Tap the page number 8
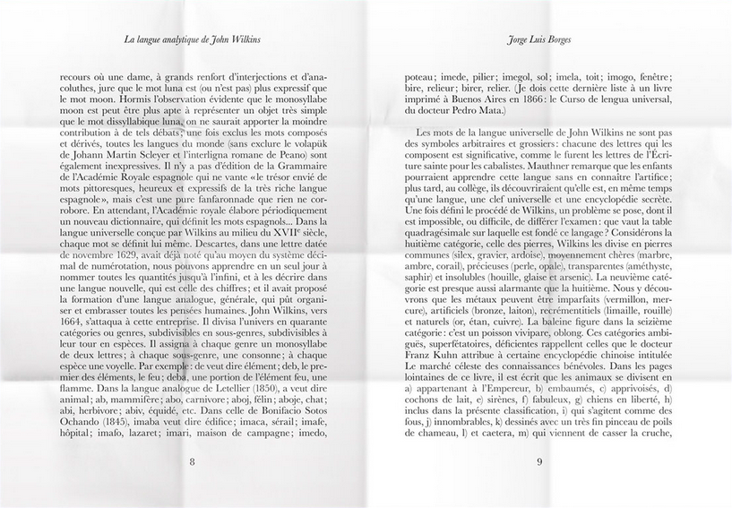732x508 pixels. coord(192,462)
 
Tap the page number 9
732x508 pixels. coord(539,462)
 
